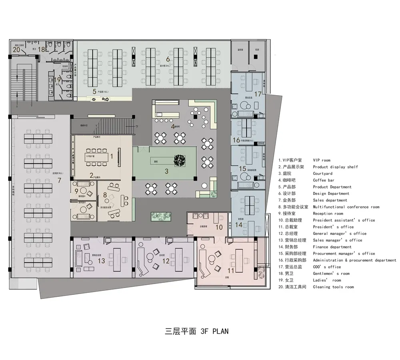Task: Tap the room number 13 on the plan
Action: [x=101, y=261]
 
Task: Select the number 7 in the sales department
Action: [x=59, y=180]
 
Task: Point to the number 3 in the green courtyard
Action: [x=166, y=171]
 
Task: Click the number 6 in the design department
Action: [x=168, y=59]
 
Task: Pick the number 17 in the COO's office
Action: [x=258, y=94]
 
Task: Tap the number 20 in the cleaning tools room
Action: [x=16, y=50]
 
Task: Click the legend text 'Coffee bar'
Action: [x=323, y=180]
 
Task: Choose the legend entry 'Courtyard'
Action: [x=322, y=174]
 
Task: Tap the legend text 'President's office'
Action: [x=333, y=227]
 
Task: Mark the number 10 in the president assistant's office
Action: [x=219, y=227]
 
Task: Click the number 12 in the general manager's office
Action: [x=166, y=261]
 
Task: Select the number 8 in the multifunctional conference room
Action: [x=105, y=195]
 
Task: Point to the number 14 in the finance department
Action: [x=238, y=225]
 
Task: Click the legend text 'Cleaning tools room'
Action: [x=333, y=287]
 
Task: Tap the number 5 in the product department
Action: [x=94, y=91]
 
